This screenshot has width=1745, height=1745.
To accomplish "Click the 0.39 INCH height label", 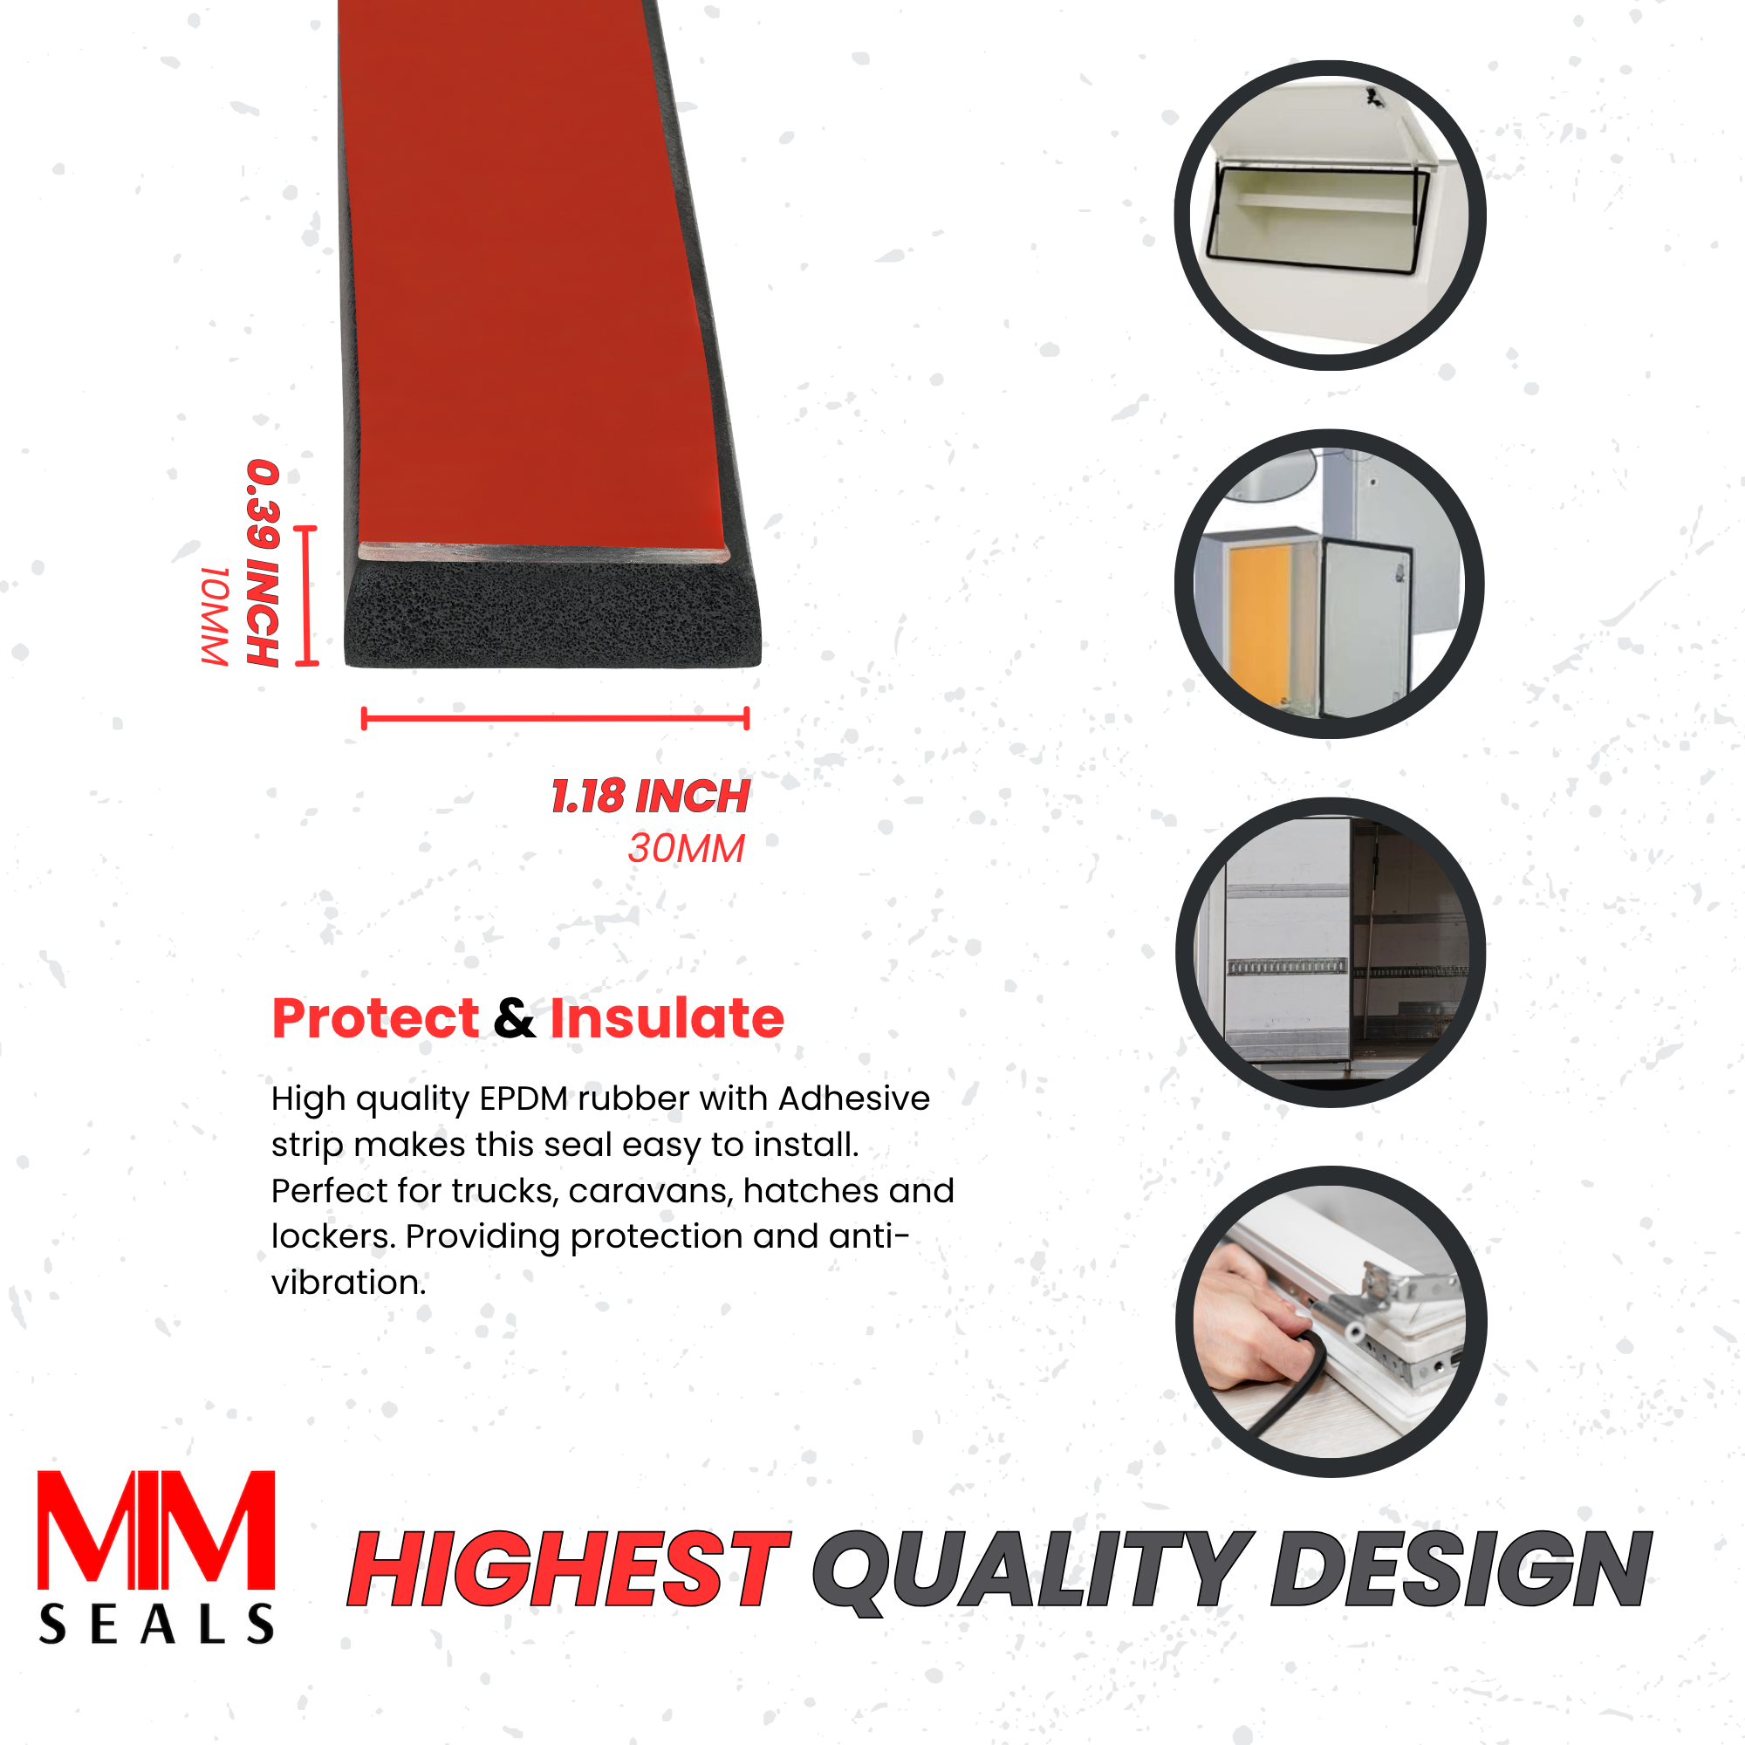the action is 263,563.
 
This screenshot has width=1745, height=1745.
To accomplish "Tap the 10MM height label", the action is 215,616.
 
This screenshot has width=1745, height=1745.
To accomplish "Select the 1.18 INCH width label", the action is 650,796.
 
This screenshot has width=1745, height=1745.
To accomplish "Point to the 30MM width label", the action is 687,848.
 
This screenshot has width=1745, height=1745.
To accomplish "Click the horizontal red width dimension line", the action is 555,718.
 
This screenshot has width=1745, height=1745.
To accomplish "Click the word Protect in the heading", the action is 375,1018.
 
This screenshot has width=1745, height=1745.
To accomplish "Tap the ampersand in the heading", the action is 515,1018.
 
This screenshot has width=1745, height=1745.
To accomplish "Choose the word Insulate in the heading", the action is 667,1018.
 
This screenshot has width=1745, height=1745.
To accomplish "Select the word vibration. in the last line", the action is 349,1283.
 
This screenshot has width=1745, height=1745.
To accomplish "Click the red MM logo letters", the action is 156,1530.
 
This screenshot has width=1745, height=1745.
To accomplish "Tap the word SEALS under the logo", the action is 156,1623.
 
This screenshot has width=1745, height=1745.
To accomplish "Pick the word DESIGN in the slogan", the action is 1461,1570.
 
